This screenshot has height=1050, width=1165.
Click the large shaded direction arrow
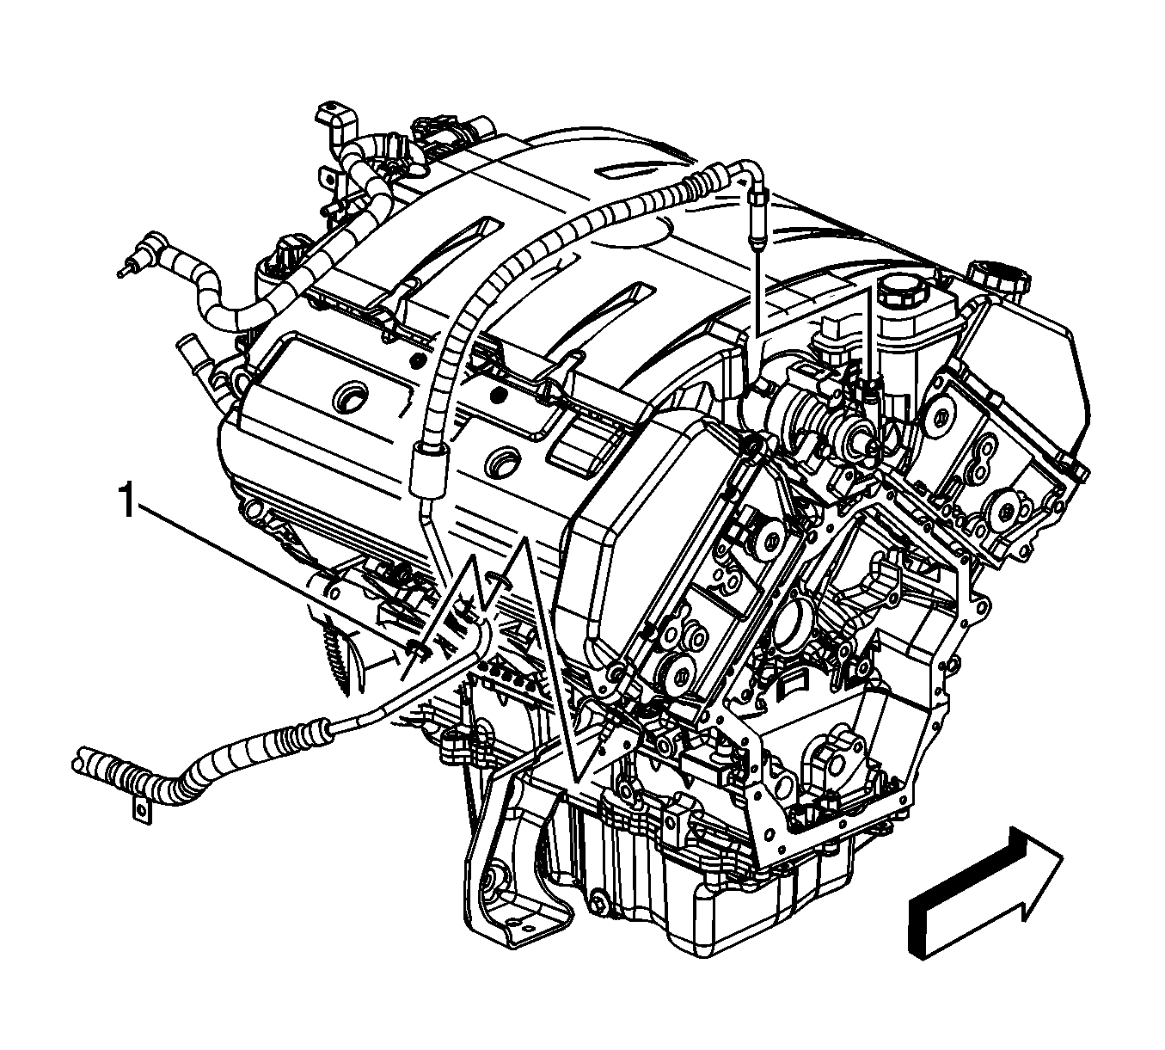click(x=985, y=910)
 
